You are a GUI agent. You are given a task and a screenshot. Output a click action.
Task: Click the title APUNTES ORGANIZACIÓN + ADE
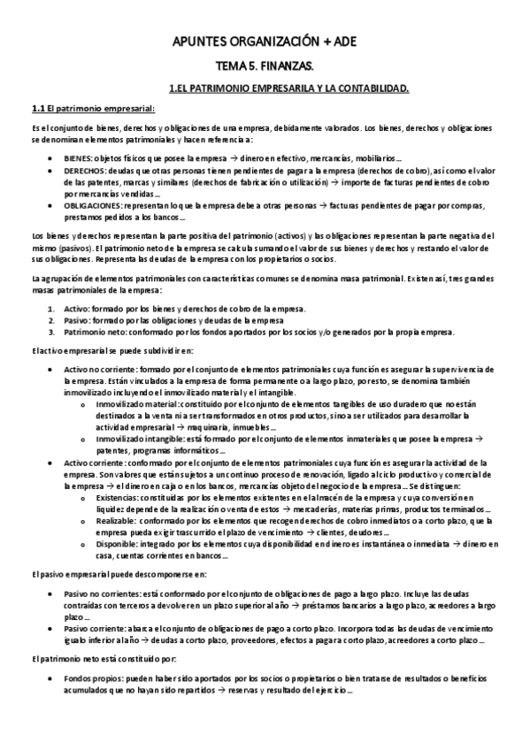pos(265,42)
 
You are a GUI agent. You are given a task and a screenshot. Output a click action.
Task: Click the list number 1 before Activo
pos(50,308)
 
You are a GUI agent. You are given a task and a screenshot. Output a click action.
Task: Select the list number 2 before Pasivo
pos(50,319)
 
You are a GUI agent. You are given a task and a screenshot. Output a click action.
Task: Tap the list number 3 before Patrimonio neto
pos(50,332)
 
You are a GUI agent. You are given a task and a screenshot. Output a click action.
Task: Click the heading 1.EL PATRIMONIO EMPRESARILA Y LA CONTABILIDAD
pos(288,88)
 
